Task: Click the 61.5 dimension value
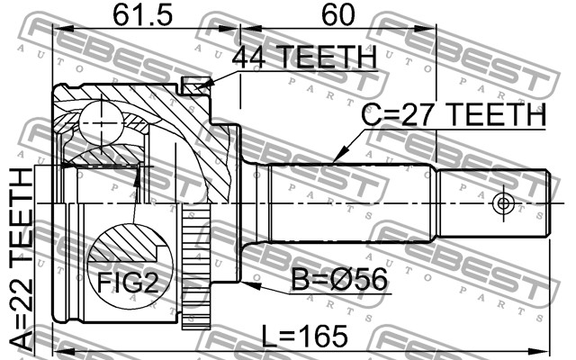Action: [x=142, y=15]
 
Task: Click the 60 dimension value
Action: [x=338, y=15]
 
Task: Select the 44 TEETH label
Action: [x=304, y=58]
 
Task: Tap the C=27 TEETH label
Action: [x=454, y=114]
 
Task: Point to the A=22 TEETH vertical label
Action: [x=22, y=258]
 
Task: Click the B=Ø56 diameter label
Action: [x=339, y=280]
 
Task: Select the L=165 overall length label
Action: [x=305, y=336]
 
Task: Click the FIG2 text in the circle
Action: [x=128, y=283]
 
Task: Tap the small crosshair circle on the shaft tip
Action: [x=503, y=203]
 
